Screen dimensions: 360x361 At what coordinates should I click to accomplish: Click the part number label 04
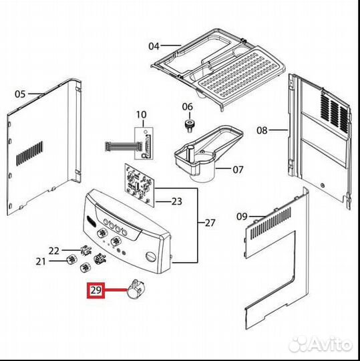(154, 46)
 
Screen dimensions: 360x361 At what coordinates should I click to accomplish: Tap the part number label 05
(20, 94)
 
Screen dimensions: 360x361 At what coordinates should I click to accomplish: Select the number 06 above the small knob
(188, 107)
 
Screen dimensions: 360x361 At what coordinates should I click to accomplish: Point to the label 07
(238, 170)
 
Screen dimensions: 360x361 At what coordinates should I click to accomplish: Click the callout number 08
(262, 130)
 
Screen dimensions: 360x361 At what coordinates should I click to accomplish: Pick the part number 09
(242, 217)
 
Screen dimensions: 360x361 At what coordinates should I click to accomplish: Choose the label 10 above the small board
(141, 115)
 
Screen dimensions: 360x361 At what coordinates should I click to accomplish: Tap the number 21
(41, 261)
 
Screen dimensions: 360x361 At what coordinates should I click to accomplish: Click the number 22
(54, 251)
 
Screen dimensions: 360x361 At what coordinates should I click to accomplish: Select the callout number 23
(177, 202)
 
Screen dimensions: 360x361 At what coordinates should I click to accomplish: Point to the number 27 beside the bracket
(210, 223)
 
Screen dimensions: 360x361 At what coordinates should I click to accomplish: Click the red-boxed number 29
(96, 290)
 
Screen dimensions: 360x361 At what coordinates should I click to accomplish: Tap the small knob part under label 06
(188, 126)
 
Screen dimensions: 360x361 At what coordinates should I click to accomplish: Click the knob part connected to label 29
(136, 289)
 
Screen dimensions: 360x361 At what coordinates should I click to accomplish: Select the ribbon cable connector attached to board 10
(121, 146)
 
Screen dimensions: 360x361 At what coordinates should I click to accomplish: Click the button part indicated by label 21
(71, 259)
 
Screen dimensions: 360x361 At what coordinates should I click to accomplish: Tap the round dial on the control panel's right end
(151, 256)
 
